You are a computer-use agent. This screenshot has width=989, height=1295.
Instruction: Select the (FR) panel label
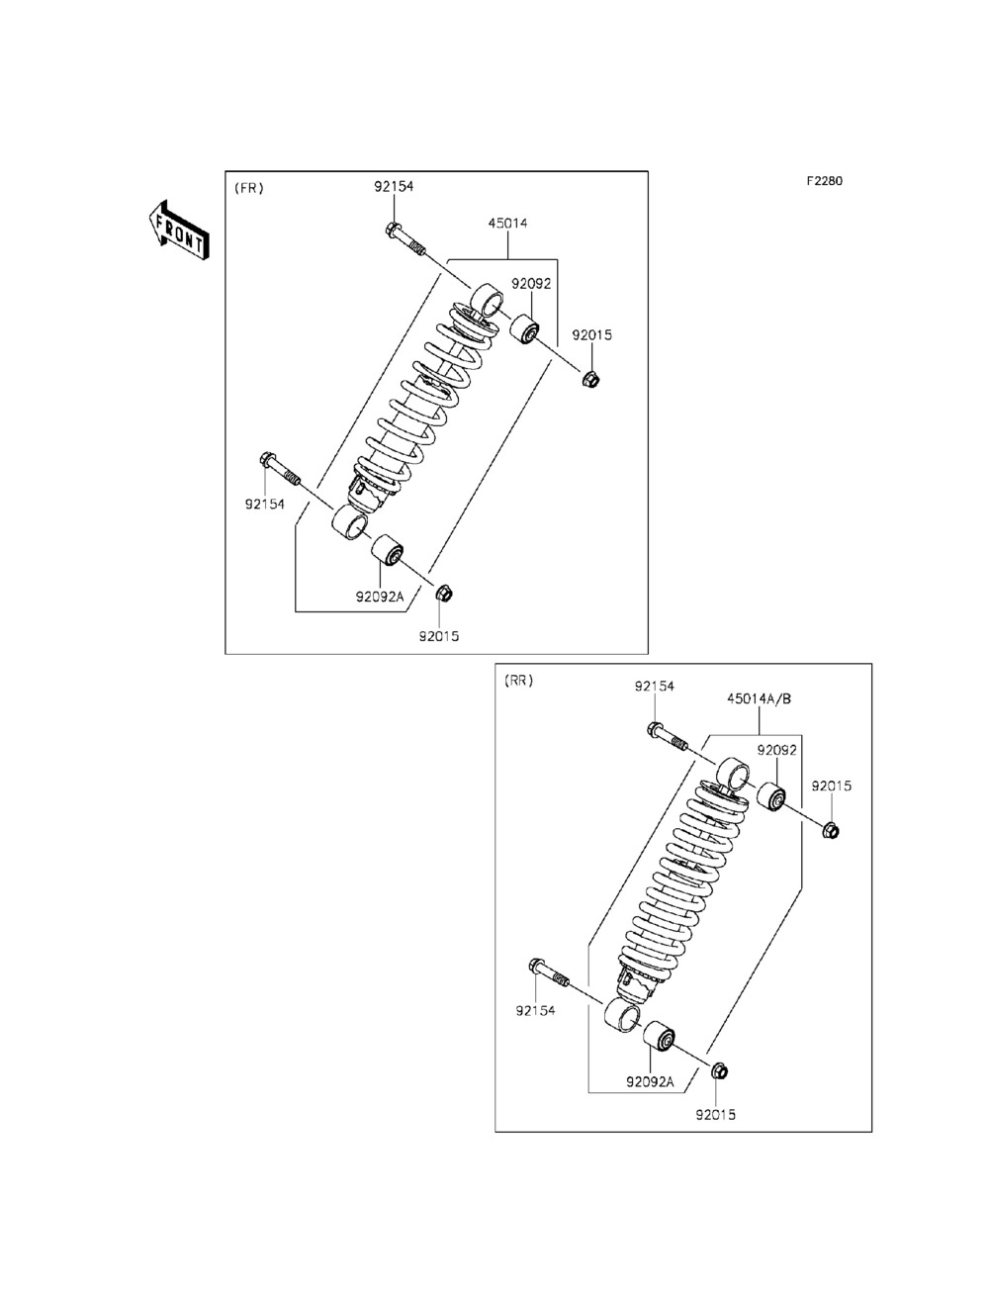[x=248, y=188]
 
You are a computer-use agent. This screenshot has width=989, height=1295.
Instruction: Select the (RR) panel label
[x=518, y=681]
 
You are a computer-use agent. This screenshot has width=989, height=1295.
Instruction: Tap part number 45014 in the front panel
[x=507, y=224]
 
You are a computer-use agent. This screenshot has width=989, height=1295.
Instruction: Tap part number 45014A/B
[x=760, y=698]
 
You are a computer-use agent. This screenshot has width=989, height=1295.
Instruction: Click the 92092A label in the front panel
[x=381, y=598]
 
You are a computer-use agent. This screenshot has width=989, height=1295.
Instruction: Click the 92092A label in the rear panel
[x=650, y=1082]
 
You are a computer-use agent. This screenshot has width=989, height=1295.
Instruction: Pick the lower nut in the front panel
[x=444, y=594]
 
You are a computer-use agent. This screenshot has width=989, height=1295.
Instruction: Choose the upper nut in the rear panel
[x=831, y=829]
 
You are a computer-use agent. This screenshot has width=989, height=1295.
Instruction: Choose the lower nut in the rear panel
[x=719, y=1070]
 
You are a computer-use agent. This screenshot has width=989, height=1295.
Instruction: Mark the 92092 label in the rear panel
[x=777, y=751]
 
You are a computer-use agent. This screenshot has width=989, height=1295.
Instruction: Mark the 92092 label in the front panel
[x=530, y=284]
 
